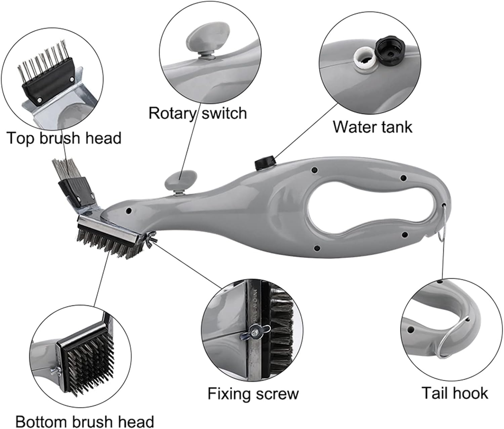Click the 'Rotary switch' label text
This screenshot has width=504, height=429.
point(198,113)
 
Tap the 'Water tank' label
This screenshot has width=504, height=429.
point(372,127)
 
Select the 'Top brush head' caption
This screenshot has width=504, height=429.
point(64,138)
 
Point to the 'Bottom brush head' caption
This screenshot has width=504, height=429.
point(85,421)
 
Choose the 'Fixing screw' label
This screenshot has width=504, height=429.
point(253,393)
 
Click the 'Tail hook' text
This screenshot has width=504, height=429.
point(455,393)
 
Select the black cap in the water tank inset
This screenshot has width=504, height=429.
point(390,49)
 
